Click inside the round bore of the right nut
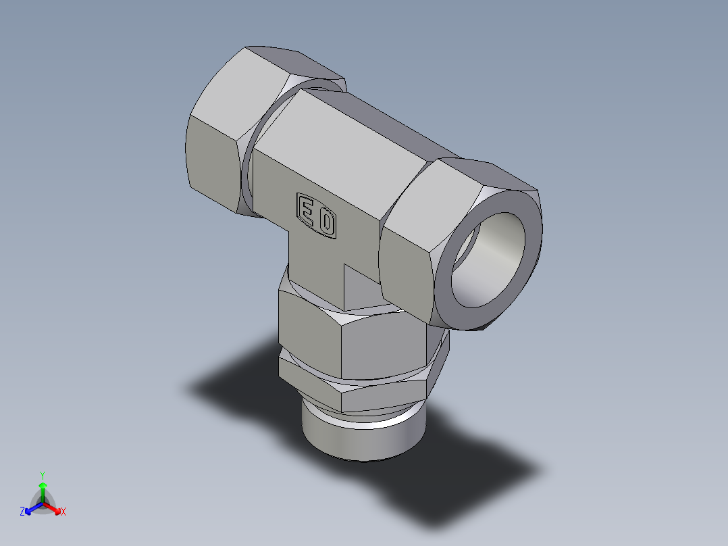[490, 260]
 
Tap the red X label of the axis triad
[63, 512]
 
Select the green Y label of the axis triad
[43, 474]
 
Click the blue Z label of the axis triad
[22, 512]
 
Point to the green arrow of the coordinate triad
[43, 489]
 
